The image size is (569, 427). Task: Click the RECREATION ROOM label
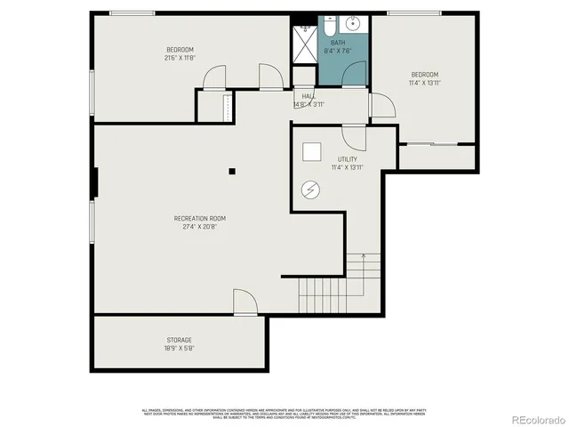(x=199, y=218)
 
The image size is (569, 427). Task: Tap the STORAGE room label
(x=179, y=340)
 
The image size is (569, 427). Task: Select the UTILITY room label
(x=348, y=159)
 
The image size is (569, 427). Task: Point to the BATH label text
(x=338, y=43)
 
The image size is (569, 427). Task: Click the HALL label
(x=309, y=96)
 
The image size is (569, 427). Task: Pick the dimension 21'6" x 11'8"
(x=180, y=57)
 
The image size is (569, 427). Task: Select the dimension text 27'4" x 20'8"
(x=199, y=226)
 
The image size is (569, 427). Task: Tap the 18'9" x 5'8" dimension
(x=179, y=348)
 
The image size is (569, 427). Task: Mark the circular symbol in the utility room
(x=312, y=189)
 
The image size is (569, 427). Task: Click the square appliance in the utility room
(x=312, y=152)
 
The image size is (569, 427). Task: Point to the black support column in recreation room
(x=231, y=171)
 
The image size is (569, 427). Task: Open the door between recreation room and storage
(x=245, y=302)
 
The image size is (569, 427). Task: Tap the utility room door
(x=354, y=136)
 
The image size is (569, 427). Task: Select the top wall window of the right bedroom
(x=414, y=12)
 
